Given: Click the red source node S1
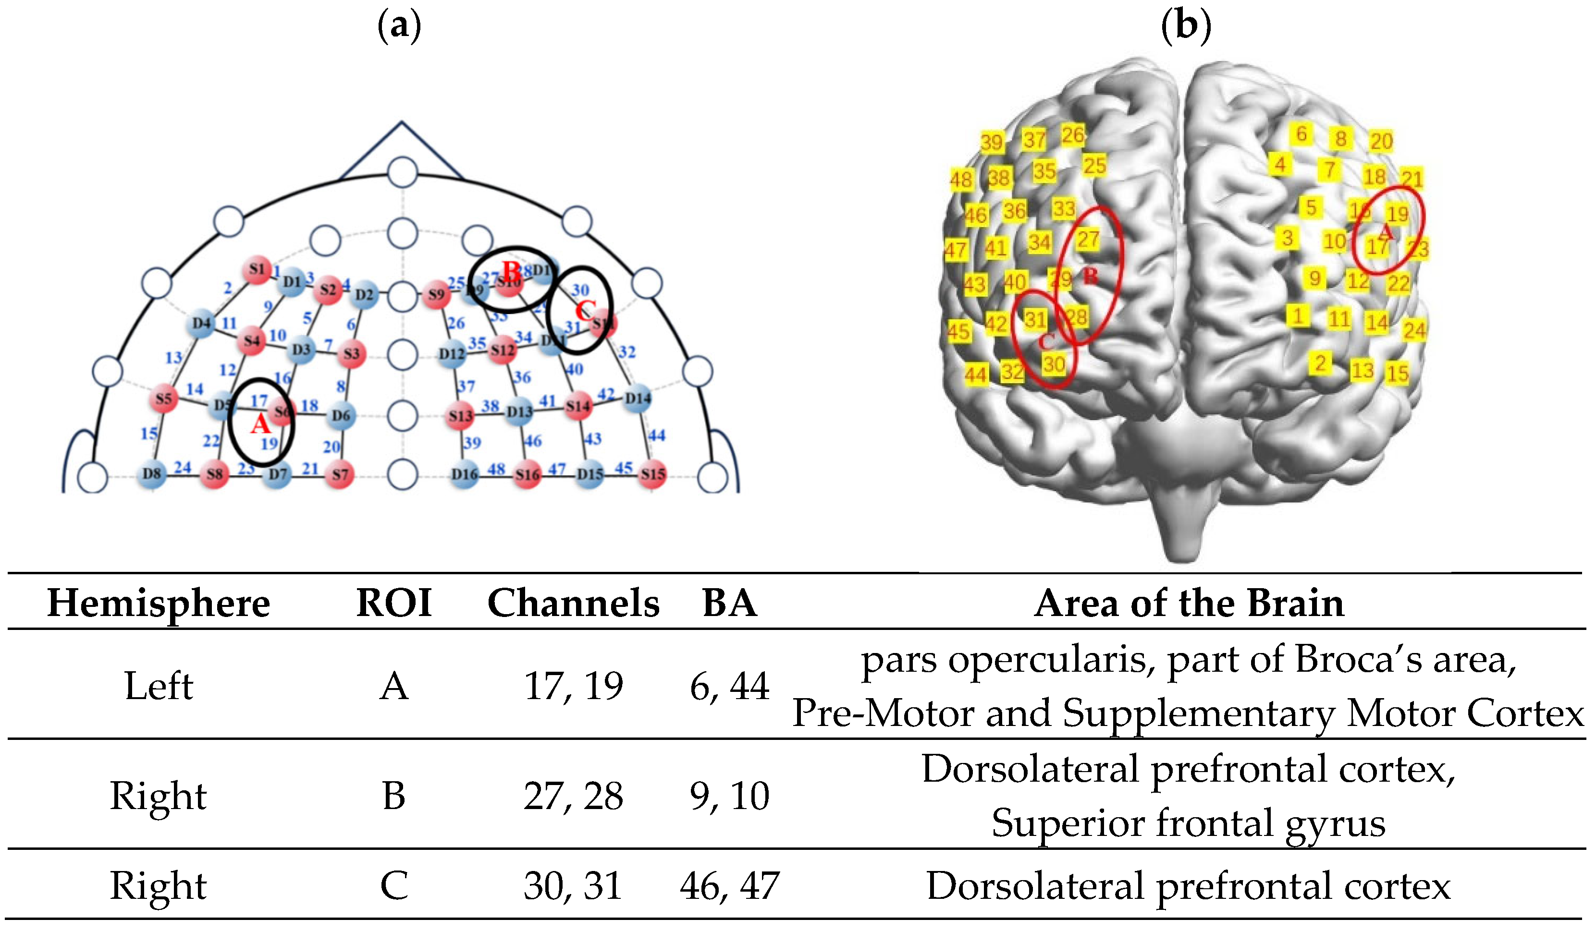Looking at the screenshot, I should tap(257, 270).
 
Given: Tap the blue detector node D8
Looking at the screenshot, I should tap(152, 473).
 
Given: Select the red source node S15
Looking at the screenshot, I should tap(652, 474).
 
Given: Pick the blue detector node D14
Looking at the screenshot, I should tap(637, 398).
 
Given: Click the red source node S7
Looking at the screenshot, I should tap(340, 474).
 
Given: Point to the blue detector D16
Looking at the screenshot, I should tap(464, 474).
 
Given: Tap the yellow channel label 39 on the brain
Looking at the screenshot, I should tap(992, 142).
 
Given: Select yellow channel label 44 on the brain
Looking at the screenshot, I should tap(975, 375).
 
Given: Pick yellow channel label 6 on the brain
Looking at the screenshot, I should tap(1301, 134).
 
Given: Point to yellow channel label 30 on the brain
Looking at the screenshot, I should tap(1054, 364).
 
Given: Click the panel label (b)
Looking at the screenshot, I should tap(1186, 26).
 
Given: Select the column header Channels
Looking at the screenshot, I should tap(573, 603).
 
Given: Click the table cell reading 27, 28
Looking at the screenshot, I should tap(573, 796).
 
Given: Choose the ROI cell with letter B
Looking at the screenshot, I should tap(393, 796).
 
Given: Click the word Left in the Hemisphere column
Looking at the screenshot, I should tap(159, 686).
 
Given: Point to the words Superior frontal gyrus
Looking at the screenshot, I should tap(1188, 823).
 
